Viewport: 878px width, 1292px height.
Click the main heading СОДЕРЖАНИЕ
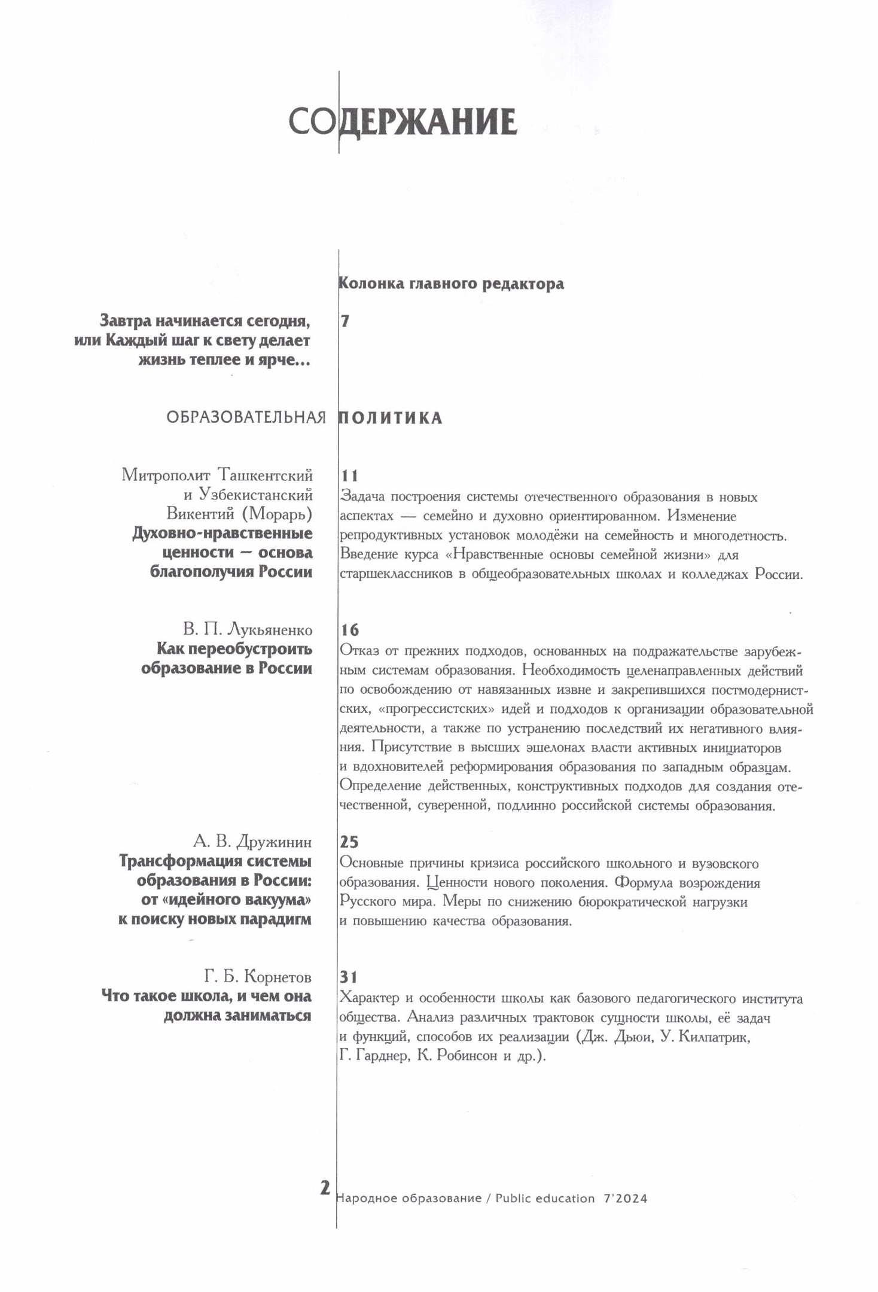click(x=403, y=122)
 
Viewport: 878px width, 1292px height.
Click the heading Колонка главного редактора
click(x=451, y=283)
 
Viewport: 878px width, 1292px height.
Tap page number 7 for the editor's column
click(x=345, y=321)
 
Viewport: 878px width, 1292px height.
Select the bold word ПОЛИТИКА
click(x=391, y=418)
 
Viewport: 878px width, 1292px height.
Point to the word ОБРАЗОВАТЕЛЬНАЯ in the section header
click(x=246, y=418)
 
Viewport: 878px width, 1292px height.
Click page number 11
click(x=349, y=476)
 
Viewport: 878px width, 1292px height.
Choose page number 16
click(x=349, y=630)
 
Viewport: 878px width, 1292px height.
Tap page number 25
click(x=349, y=842)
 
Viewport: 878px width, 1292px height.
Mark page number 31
click(x=349, y=977)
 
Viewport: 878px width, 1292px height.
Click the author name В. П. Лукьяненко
click(x=248, y=630)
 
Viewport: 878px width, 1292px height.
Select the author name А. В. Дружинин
click(x=252, y=842)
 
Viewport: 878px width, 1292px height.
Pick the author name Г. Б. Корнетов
click(x=258, y=977)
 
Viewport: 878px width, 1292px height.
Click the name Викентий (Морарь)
click(x=239, y=514)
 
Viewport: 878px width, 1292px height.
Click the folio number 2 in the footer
click(x=325, y=1187)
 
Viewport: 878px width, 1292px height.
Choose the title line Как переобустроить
click(x=234, y=649)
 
